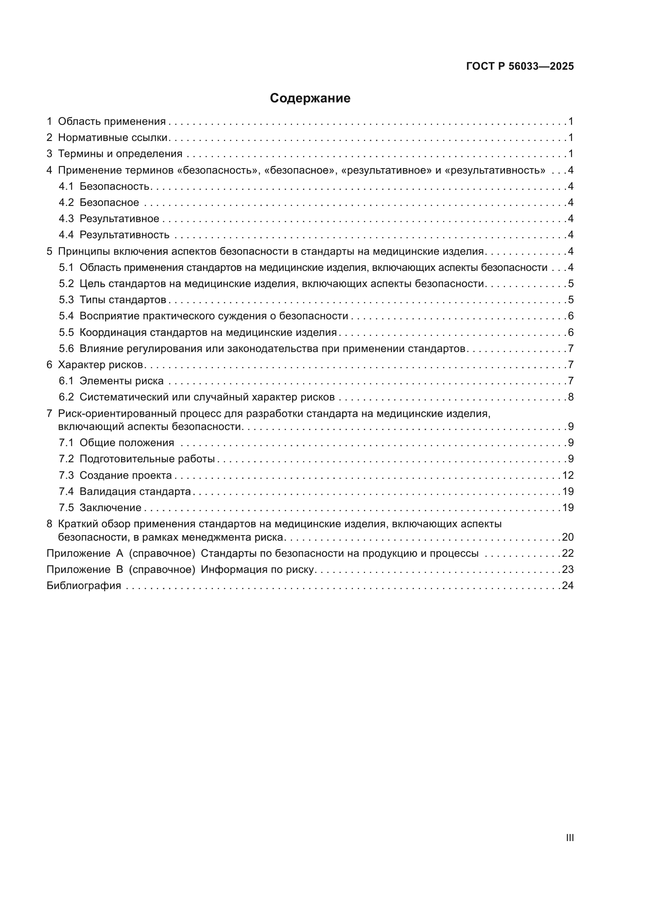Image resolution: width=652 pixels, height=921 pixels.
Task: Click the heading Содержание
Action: (x=310, y=98)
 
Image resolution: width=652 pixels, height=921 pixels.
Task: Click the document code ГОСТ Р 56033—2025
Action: (x=520, y=66)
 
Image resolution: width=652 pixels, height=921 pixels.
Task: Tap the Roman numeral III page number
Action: (x=569, y=838)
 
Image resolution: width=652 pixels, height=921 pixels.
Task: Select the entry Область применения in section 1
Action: (x=112, y=122)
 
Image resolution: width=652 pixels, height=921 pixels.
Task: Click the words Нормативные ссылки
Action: (x=112, y=137)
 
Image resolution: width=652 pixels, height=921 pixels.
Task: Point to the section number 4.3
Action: (x=66, y=219)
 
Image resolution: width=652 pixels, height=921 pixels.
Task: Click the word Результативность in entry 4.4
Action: (x=125, y=235)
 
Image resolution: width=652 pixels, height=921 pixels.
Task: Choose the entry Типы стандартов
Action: (x=123, y=300)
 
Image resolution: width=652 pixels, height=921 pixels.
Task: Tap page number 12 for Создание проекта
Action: (x=568, y=475)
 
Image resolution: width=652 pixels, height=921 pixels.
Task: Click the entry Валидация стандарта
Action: (x=135, y=491)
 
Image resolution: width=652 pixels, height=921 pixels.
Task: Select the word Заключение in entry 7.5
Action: (x=110, y=508)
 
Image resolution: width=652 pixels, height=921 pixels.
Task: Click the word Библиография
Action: (x=84, y=586)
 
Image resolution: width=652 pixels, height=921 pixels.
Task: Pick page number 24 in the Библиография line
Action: (x=568, y=586)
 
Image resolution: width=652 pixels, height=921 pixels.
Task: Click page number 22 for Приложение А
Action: (x=568, y=554)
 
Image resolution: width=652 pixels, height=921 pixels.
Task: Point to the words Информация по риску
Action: (x=257, y=570)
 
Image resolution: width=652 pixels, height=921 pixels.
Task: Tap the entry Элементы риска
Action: (x=121, y=381)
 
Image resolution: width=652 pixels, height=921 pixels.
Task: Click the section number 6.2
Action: (x=66, y=397)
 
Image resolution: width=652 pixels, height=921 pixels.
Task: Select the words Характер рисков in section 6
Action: (x=101, y=365)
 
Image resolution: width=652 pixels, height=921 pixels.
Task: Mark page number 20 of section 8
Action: (x=568, y=537)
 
